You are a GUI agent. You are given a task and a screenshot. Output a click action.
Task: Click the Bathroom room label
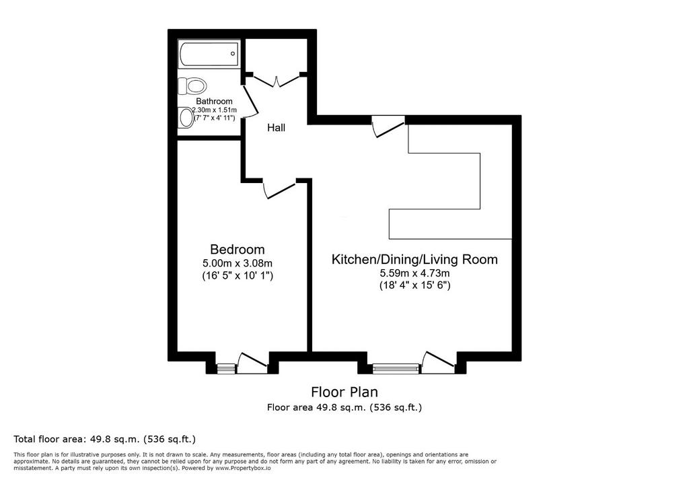point(214,101)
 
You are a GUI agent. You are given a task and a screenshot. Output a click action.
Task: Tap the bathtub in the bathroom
point(209,54)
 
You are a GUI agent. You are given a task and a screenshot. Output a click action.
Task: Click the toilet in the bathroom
point(192,85)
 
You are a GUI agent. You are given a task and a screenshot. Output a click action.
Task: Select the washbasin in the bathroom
point(186,117)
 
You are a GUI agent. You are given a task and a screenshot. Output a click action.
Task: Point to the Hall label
point(277,127)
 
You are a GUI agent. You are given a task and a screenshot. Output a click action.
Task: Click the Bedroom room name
point(238,249)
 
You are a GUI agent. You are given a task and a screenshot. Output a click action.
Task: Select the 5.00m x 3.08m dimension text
point(238,263)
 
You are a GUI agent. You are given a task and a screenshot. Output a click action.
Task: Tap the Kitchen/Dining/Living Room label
point(414,259)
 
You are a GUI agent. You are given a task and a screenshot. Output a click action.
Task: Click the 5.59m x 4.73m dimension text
point(414,273)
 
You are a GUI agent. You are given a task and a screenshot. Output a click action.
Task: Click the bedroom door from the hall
point(279,189)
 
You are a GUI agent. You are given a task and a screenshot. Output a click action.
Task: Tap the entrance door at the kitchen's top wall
point(388,127)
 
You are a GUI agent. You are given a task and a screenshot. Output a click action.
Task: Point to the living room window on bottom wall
point(396,368)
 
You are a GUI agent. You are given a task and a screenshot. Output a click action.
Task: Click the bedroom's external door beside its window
point(252,362)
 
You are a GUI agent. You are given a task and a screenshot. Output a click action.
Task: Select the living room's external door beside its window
point(437,362)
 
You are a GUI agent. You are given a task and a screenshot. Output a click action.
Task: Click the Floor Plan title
point(344,391)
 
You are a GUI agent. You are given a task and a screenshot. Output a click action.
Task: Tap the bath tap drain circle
point(233,54)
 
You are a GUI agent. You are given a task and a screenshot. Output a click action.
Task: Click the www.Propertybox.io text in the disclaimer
point(242,469)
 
